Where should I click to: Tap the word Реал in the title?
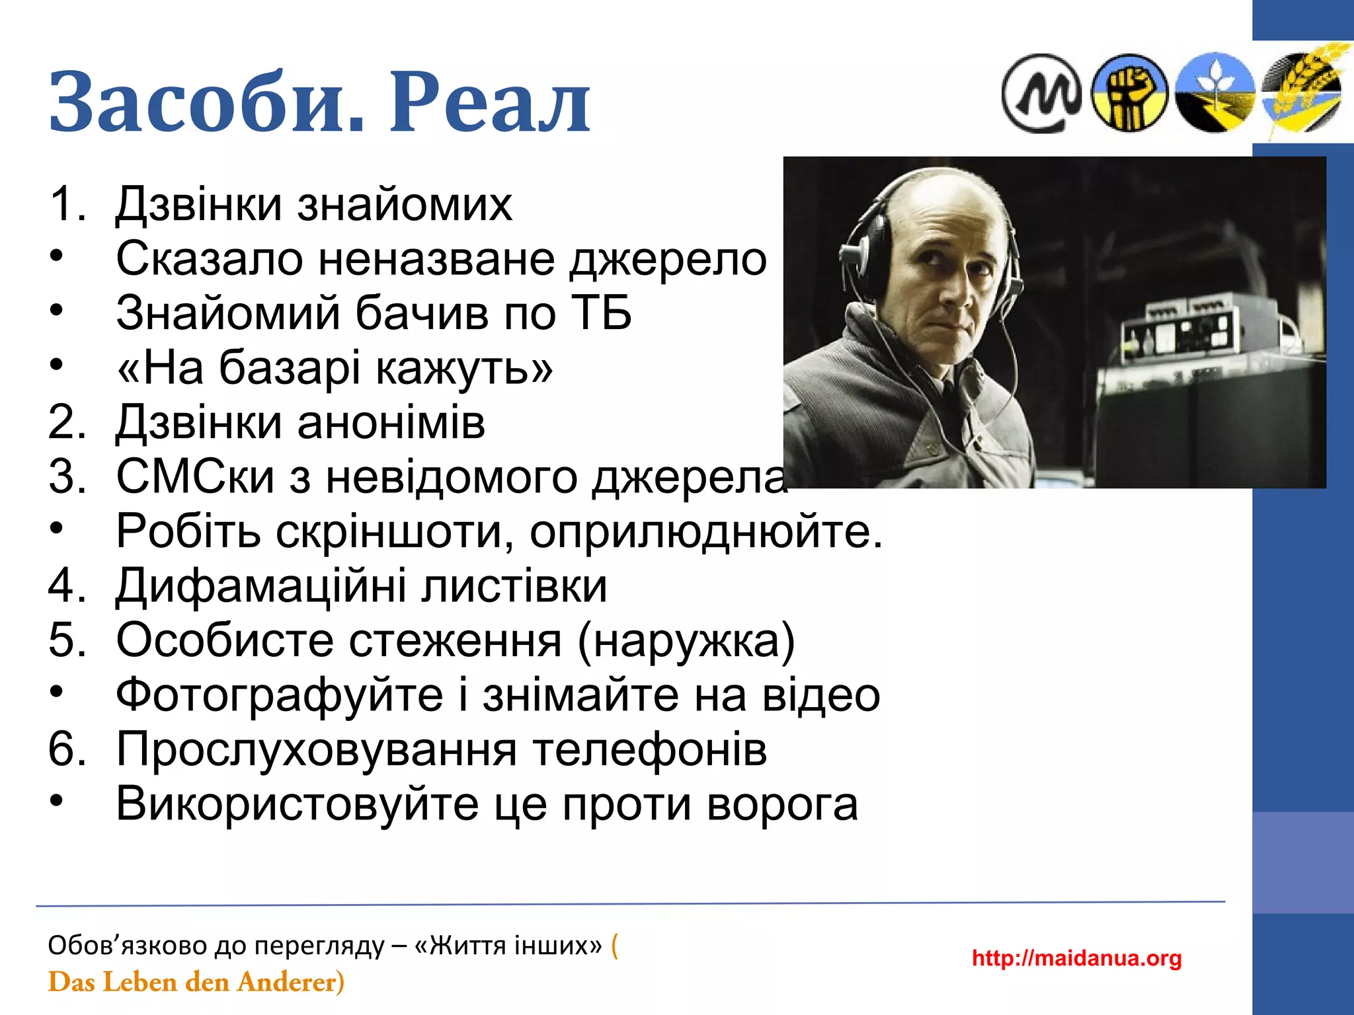(x=489, y=102)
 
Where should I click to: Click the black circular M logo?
(x=1041, y=93)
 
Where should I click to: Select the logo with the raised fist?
(x=1129, y=93)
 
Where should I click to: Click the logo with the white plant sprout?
(x=1215, y=93)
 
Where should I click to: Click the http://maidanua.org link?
(x=1076, y=958)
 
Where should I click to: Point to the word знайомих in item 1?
(x=405, y=204)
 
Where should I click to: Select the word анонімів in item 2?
(x=391, y=422)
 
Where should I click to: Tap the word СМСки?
(x=195, y=476)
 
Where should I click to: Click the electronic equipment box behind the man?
(x=1177, y=337)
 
